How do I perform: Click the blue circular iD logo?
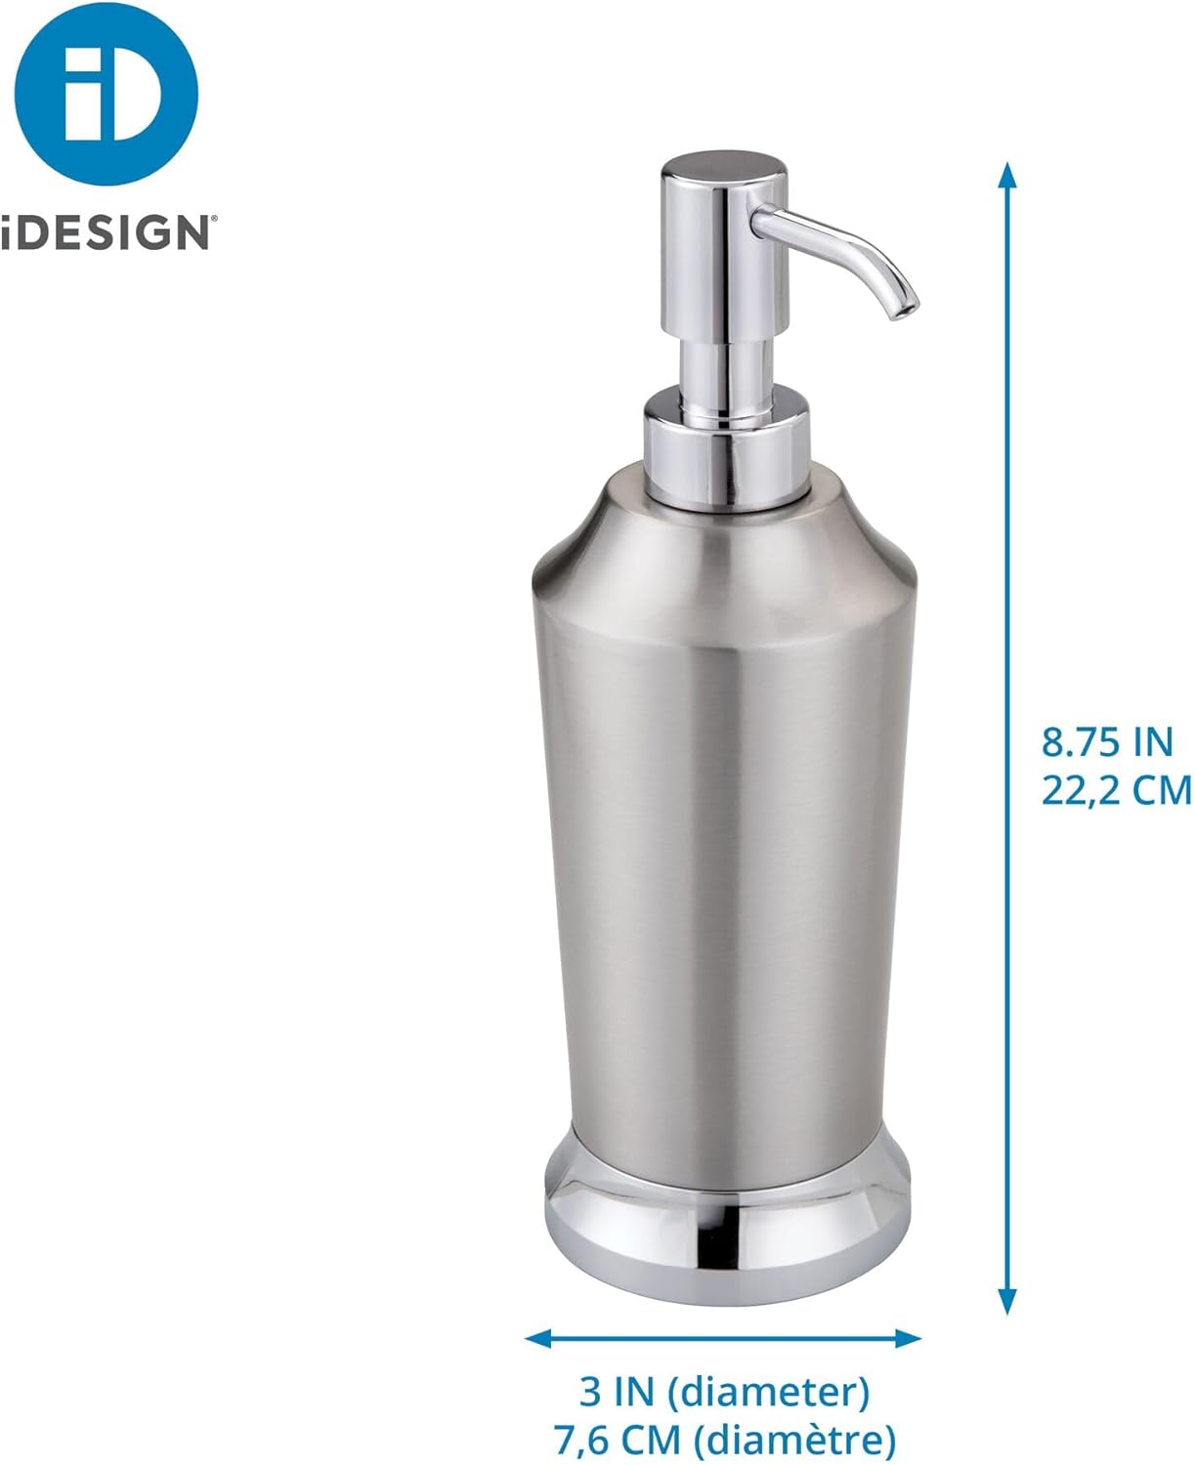click(107, 93)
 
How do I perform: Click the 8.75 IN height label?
click(1106, 743)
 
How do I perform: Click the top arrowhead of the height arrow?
click(1007, 174)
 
